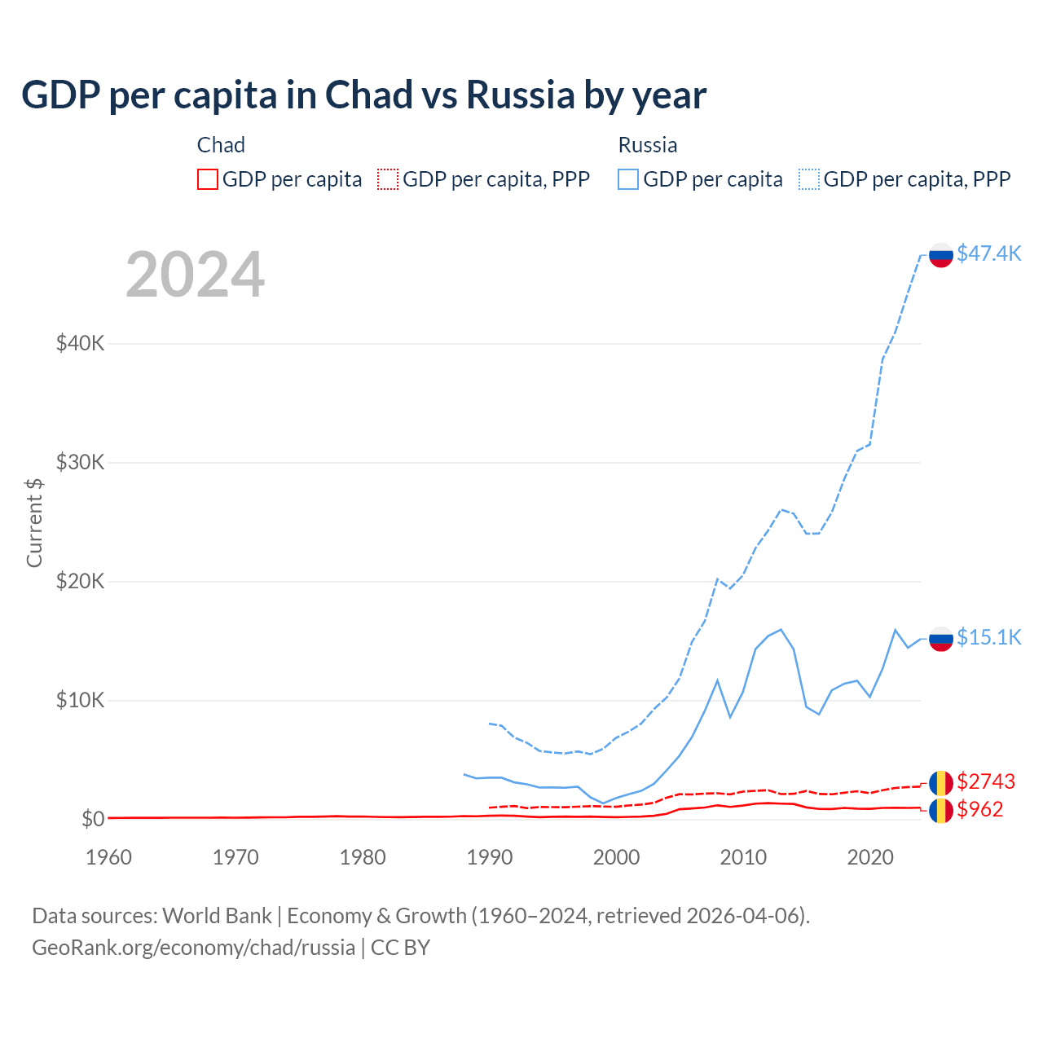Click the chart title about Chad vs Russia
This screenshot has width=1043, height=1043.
coord(363,95)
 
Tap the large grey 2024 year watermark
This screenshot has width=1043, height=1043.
coord(195,275)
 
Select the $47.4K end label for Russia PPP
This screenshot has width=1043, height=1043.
coord(988,253)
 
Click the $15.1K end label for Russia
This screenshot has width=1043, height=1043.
coord(988,637)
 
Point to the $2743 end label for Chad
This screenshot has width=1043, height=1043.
coord(985,782)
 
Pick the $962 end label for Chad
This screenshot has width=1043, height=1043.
coord(979,810)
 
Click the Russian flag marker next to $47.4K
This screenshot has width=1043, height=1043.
coord(941,255)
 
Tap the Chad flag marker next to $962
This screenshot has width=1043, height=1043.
coord(941,811)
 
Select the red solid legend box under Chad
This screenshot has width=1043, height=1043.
coord(208,179)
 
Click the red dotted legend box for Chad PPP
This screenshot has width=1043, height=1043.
coord(388,179)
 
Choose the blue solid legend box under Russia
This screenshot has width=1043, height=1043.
coord(628,179)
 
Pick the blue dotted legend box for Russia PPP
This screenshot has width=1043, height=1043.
coord(809,179)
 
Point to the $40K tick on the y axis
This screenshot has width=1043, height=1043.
coord(80,343)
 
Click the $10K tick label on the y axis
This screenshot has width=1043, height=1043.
coord(80,701)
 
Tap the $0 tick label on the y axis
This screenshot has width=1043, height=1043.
coord(92,819)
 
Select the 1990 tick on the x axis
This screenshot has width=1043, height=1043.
coord(490,857)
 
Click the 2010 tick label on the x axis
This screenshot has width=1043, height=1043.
coord(743,857)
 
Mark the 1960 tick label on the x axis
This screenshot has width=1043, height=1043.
coord(109,857)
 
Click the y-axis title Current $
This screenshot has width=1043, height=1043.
coord(34,522)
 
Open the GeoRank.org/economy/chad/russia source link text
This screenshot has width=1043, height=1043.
coord(193,948)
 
